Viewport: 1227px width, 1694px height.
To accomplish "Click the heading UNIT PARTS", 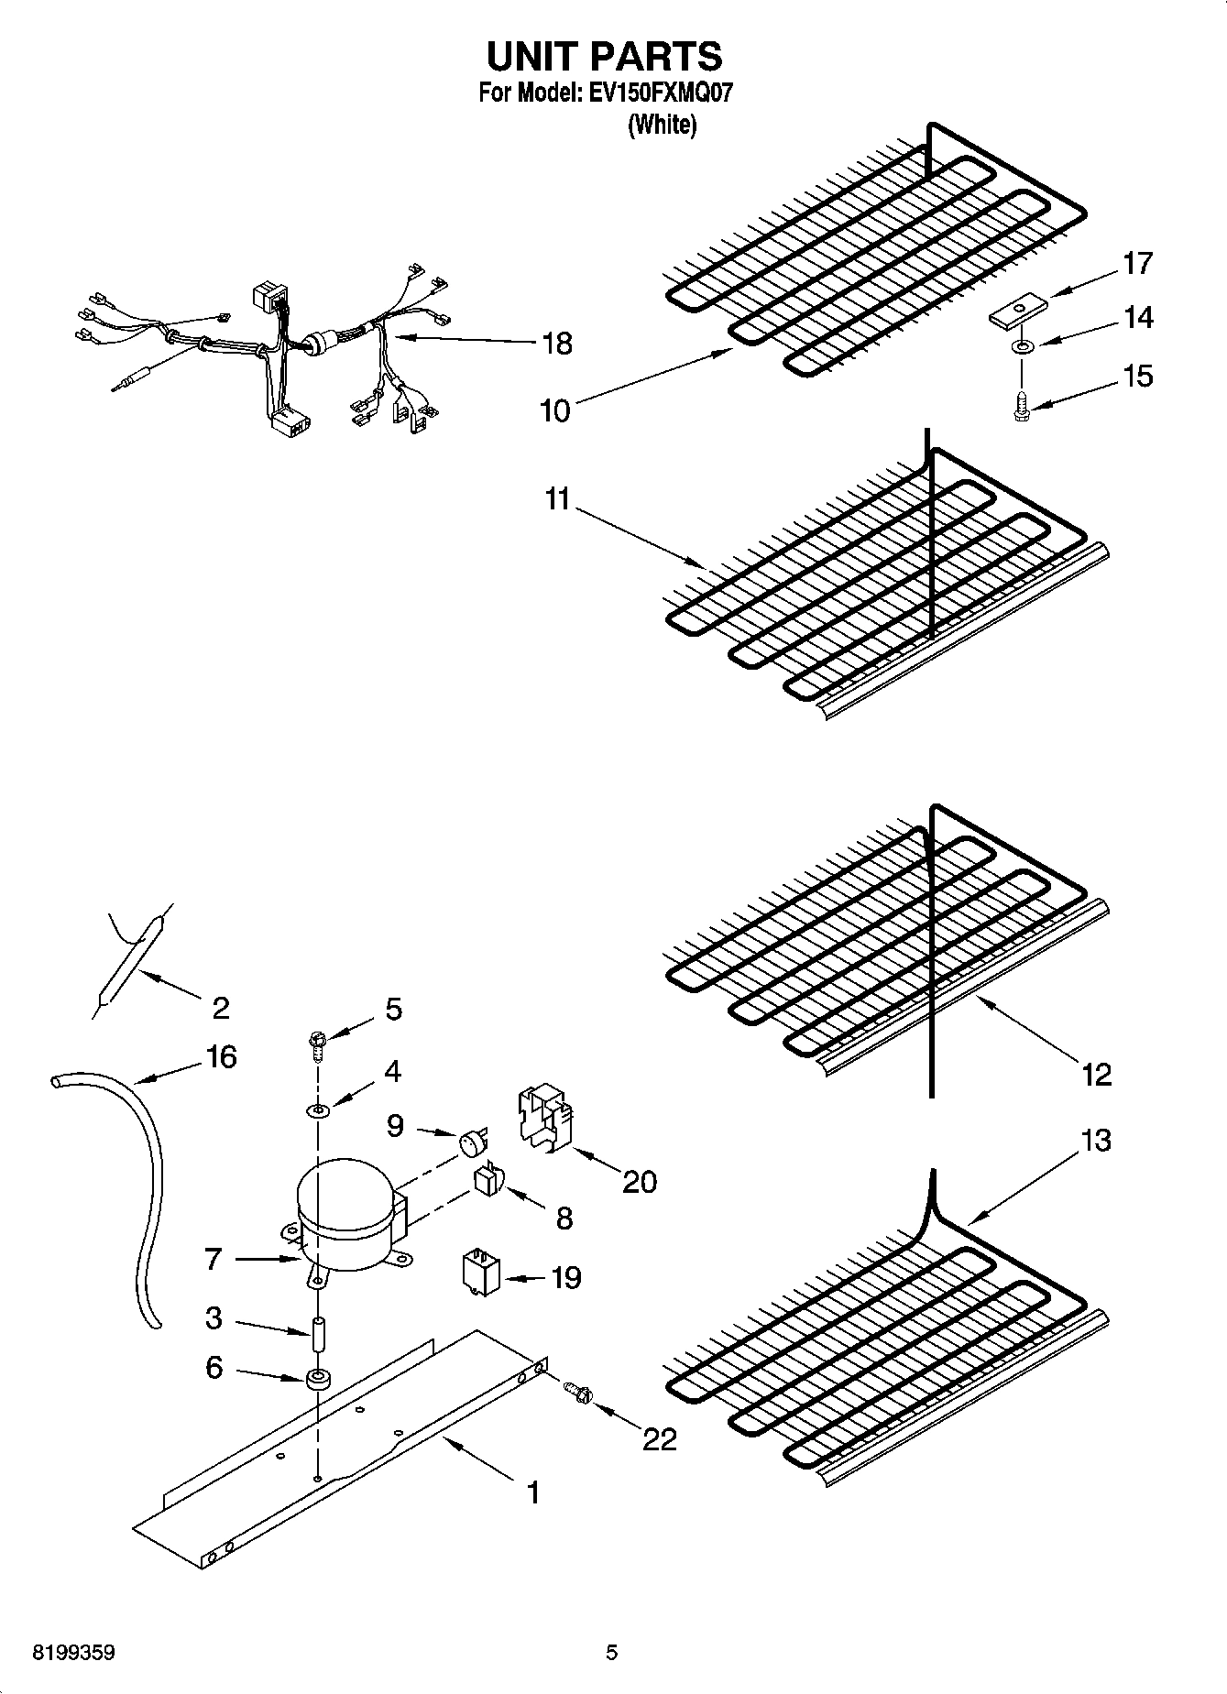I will pos(604,57).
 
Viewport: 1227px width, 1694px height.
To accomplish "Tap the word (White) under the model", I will pos(662,125).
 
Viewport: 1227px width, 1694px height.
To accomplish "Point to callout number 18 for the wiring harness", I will pos(556,344).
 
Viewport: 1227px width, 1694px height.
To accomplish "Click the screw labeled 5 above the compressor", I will pos(317,1043).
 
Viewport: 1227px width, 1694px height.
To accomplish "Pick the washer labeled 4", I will pos(317,1110).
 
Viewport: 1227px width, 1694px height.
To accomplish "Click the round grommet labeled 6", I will pos(318,1379).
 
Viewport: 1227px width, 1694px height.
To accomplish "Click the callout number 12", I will pos(1096,1074).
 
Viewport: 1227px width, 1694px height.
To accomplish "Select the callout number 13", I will pos(1096,1141).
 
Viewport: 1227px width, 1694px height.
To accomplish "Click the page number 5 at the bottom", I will pos(611,1654).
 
